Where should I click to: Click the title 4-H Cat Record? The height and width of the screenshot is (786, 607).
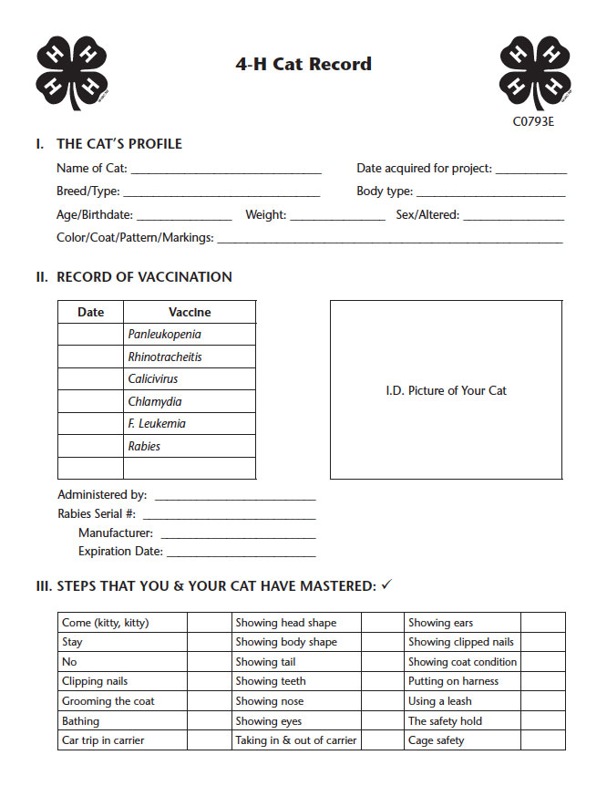click(303, 64)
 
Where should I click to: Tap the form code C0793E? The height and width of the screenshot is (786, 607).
click(533, 121)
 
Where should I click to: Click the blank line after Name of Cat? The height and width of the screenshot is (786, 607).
click(226, 171)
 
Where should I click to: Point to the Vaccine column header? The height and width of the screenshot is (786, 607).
click(190, 312)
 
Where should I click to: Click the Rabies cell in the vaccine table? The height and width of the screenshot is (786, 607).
click(190, 446)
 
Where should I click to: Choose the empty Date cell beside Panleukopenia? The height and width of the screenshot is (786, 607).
click(90, 335)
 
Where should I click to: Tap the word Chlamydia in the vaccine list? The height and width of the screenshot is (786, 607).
click(155, 401)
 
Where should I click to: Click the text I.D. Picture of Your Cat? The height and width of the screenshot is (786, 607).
click(446, 390)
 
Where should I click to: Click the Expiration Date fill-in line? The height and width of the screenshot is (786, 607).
click(241, 553)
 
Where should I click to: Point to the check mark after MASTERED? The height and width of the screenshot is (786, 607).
click(386, 584)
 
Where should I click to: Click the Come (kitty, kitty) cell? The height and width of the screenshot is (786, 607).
click(122, 623)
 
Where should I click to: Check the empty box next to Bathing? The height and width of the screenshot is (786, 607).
click(210, 721)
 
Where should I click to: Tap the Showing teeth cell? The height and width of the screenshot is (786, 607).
click(296, 682)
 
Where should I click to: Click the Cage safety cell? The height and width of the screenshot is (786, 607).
click(462, 740)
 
